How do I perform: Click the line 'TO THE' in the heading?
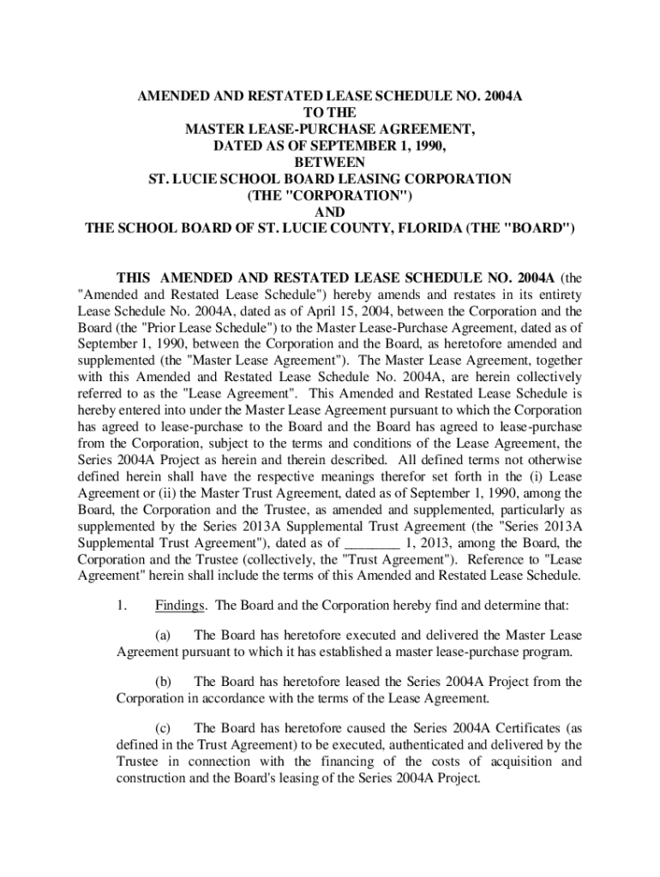pos(330,112)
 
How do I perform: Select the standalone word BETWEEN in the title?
pos(330,162)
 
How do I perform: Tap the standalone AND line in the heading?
pos(330,212)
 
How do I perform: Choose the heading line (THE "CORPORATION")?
pos(330,195)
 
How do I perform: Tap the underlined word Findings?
pos(180,607)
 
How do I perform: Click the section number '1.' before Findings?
pos(123,607)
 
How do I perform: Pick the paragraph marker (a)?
pos(163,635)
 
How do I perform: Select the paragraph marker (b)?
pos(163,682)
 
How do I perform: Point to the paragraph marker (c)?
pos(163,728)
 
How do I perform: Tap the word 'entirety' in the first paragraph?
pos(559,295)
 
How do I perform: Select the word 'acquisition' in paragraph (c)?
pos(519,761)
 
